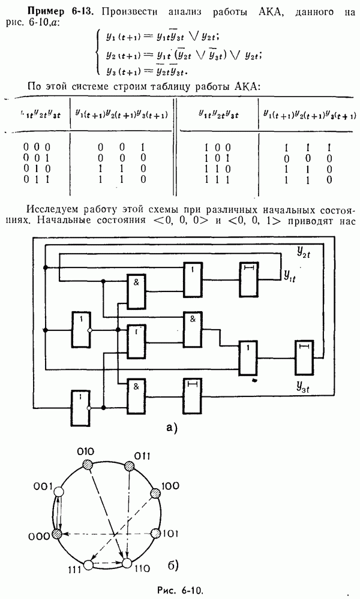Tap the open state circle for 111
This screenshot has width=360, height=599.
(x=89, y=564)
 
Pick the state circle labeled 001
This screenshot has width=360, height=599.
(x=58, y=492)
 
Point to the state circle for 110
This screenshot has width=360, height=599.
(x=127, y=564)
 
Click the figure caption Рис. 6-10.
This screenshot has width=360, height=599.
(x=180, y=590)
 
